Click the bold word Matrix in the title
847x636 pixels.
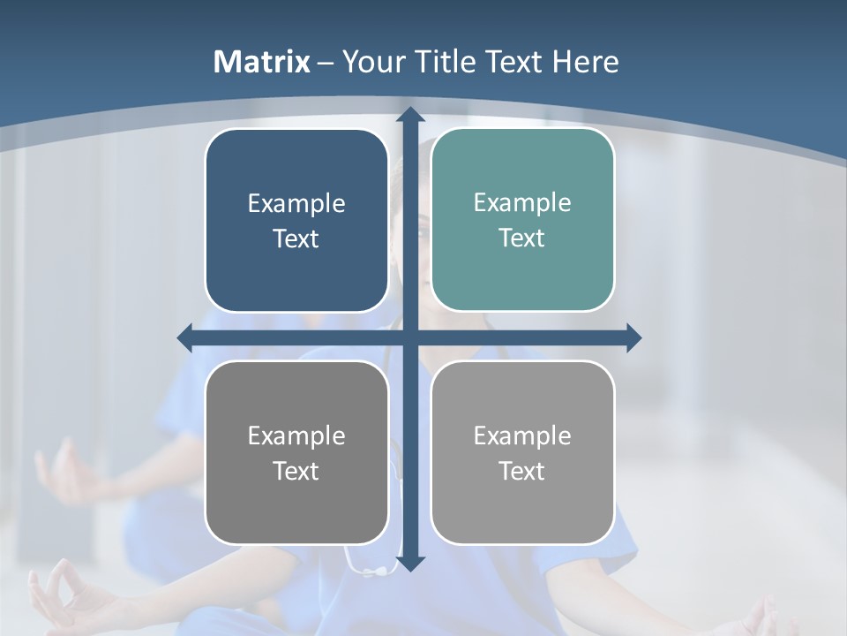coord(262,62)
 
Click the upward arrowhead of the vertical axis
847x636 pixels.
coord(410,114)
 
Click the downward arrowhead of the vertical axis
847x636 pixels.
coord(410,563)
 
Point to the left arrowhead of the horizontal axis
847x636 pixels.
coord(184,337)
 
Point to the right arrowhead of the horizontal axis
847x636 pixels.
coord(633,337)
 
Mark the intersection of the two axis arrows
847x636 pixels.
coord(410,337)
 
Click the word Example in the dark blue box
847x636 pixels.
coord(296,204)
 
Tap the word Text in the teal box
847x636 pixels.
coord(522,238)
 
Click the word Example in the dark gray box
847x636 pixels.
coord(296,436)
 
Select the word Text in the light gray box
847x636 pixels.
coord(522,471)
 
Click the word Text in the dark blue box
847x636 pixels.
coord(296,238)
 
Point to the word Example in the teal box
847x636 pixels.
coord(522,203)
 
